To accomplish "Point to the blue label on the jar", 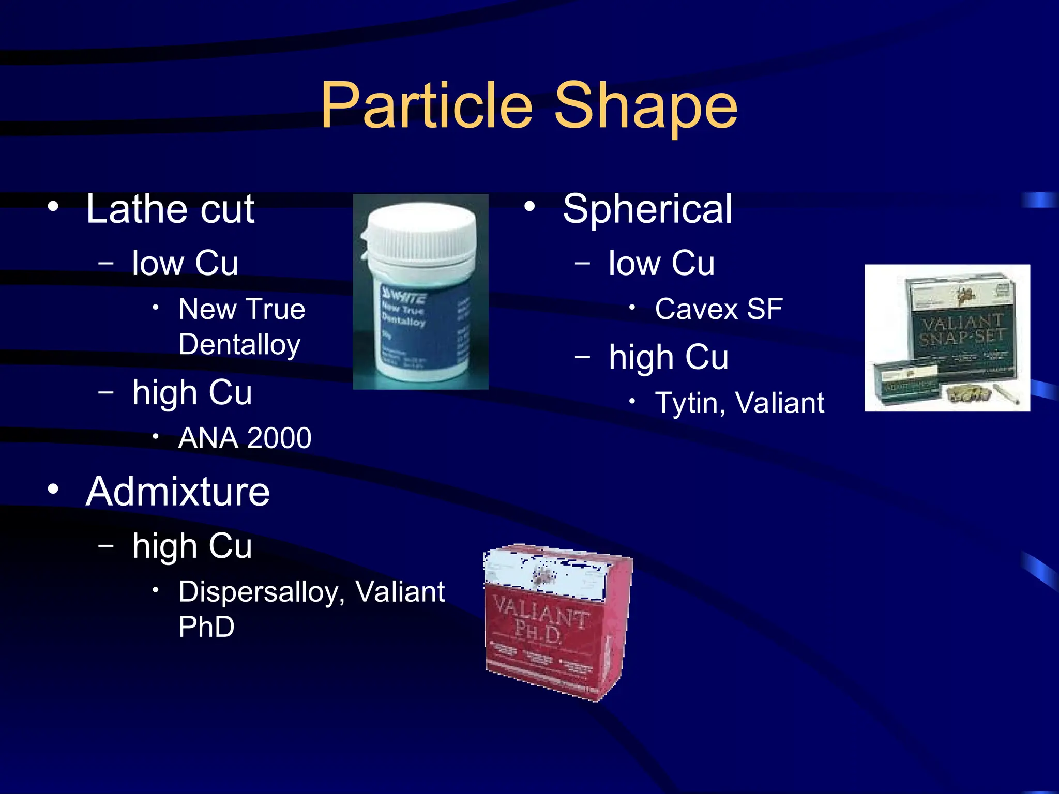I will pyautogui.click(x=424, y=326).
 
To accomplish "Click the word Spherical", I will pyautogui.click(x=647, y=209).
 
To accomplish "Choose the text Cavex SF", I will pyautogui.click(x=719, y=309).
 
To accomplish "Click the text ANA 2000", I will pyautogui.click(x=245, y=438).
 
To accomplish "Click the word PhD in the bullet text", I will pyautogui.click(x=206, y=627).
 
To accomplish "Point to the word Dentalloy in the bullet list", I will pyautogui.click(x=239, y=345).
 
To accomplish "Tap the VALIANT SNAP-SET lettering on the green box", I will pyautogui.click(x=962, y=330).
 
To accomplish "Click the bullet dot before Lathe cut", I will pyautogui.click(x=53, y=207).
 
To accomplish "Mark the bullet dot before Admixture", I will pyautogui.click(x=53, y=489).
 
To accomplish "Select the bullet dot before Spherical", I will pyautogui.click(x=529, y=207).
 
